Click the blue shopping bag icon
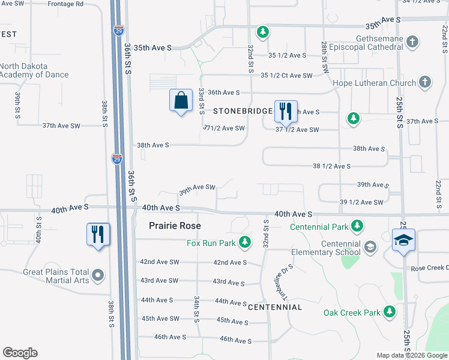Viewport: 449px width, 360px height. coord(181,101)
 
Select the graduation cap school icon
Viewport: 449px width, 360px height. coord(403,241)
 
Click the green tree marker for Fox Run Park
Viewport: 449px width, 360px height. coord(244,242)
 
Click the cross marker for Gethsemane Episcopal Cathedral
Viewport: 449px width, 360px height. coord(412,42)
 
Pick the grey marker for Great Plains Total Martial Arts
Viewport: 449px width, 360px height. coord(99,276)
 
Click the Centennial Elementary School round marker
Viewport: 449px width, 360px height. coord(370,247)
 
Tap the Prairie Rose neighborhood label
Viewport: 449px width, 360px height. coord(175,226)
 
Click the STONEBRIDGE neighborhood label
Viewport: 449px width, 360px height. coord(242,112)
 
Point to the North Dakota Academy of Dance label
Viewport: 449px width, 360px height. coord(34,71)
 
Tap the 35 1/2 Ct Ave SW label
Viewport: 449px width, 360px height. coord(286,76)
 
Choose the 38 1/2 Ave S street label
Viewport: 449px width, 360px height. coord(331,166)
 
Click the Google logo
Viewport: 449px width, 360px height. coord(20,353)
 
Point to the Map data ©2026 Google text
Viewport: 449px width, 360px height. coord(412,355)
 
